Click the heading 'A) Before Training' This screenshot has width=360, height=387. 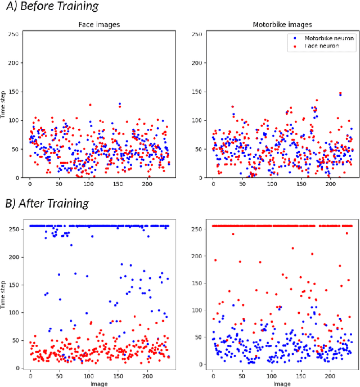click(x=50, y=7)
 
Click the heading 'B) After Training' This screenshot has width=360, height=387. click(x=46, y=202)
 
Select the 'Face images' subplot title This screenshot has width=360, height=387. click(x=98, y=24)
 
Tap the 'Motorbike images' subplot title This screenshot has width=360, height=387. click(x=281, y=24)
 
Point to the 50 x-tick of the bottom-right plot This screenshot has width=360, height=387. click(x=242, y=375)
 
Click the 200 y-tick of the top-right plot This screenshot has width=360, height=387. click(x=197, y=63)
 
